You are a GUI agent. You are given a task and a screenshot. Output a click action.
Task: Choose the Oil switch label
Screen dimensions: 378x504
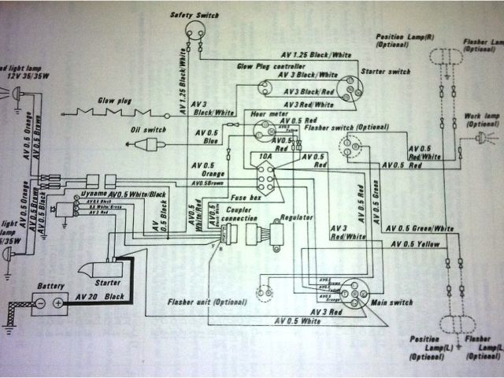point(149,129)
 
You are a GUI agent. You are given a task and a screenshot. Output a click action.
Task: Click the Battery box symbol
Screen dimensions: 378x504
point(49,302)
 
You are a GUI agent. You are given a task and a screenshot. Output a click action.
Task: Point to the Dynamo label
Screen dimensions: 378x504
point(94,194)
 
